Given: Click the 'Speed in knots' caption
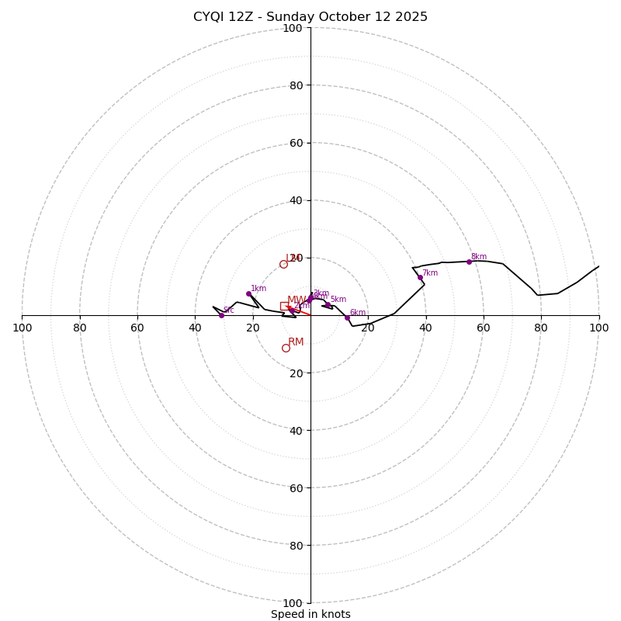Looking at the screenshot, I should pyautogui.click(x=310, y=614).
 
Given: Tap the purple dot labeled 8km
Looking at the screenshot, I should pyautogui.click(x=469, y=262).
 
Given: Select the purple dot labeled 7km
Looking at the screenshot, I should pyautogui.click(x=420, y=277).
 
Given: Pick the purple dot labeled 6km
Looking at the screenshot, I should pyautogui.click(x=347, y=317).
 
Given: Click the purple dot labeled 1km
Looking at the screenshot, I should pyautogui.click(x=248, y=293).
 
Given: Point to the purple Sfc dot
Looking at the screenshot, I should pyautogui.click(x=221, y=315).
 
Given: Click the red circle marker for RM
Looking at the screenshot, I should pyautogui.click(x=286, y=348).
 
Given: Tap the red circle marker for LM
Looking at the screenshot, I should pyautogui.click(x=283, y=264).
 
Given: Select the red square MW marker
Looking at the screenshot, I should pyautogui.click(x=284, y=306).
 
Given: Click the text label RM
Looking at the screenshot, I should pyautogui.click(x=296, y=342).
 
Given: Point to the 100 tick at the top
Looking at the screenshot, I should pyautogui.click(x=293, y=28).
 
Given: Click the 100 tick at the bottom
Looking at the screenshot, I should pyautogui.click(x=293, y=603).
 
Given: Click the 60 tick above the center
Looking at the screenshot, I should pyautogui.click(x=296, y=143).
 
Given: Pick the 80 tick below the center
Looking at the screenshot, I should pyautogui.click(x=296, y=546).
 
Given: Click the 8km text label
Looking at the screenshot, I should pyautogui.click(x=479, y=257).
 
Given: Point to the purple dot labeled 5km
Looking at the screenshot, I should pyautogui.click(x=328, y=305).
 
